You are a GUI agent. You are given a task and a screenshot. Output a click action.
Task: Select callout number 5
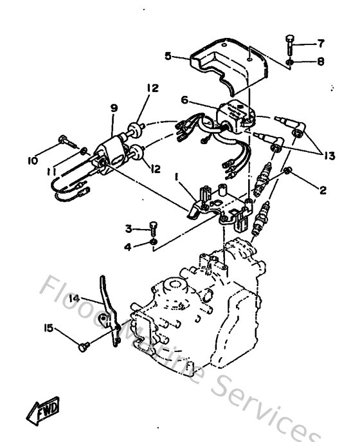click(168, 56)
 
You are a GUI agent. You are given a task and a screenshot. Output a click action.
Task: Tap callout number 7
click(320, 44)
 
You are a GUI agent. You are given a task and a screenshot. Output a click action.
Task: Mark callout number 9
click(114, 109)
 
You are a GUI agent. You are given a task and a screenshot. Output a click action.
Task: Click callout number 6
click(184, 100)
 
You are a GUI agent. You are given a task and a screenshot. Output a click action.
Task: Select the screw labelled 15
click(82, 347)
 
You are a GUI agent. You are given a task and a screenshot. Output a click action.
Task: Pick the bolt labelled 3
click(153, 228)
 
